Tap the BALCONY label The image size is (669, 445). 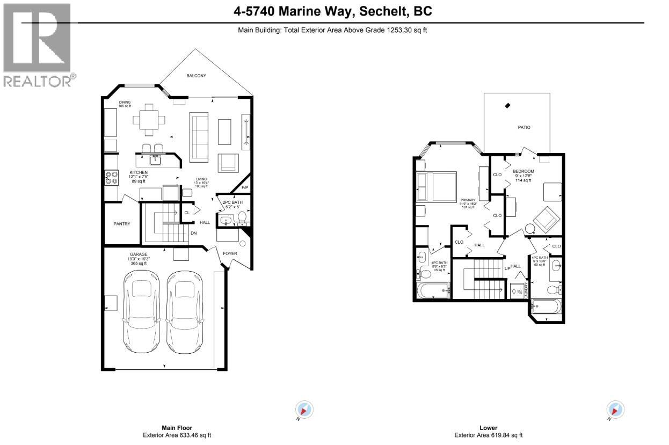196,76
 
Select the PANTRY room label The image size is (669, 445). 122,224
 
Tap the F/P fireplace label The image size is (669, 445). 245,188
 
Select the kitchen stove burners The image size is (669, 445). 112,178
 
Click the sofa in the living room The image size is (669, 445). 199,137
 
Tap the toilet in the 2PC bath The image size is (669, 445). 242,217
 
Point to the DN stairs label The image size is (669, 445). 193,233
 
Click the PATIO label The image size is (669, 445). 524,128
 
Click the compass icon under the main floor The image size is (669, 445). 304,410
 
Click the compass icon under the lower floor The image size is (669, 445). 615,410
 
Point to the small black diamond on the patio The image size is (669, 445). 508,106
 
